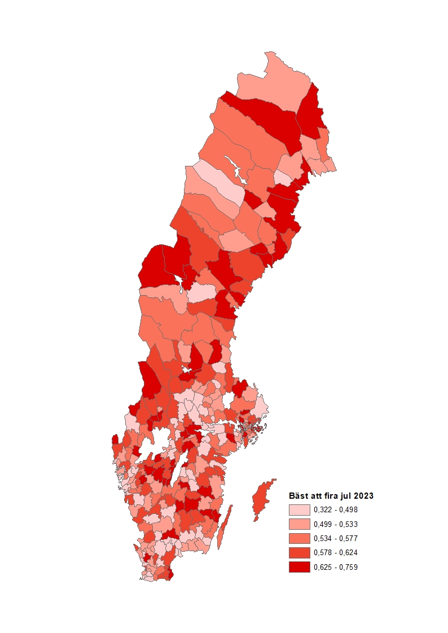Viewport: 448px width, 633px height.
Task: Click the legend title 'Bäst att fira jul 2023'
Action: pos(331,496)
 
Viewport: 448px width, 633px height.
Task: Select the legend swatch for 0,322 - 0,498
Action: pos(299,509)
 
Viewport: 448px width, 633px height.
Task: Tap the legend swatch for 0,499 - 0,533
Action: pos(299,524)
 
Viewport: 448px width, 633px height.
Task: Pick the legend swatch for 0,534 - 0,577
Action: pos(299,538)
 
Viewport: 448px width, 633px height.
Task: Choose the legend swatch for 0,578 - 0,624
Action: pos(299,553)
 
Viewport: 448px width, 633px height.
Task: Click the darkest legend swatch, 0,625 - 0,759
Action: pos(299,567)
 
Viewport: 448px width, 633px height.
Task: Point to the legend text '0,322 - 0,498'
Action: pos(336,509)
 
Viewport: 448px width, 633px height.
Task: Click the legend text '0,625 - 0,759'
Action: pos(336,567)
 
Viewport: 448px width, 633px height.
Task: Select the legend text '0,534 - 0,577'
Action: pos(336,538)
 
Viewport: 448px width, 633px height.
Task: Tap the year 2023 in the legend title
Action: pos(363,496)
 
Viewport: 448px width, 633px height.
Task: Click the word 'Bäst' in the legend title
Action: pos(298,496)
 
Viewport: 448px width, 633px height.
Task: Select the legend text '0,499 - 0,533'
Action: pos(336,524)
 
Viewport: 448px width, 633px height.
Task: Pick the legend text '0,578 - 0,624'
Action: pos(336,553)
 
